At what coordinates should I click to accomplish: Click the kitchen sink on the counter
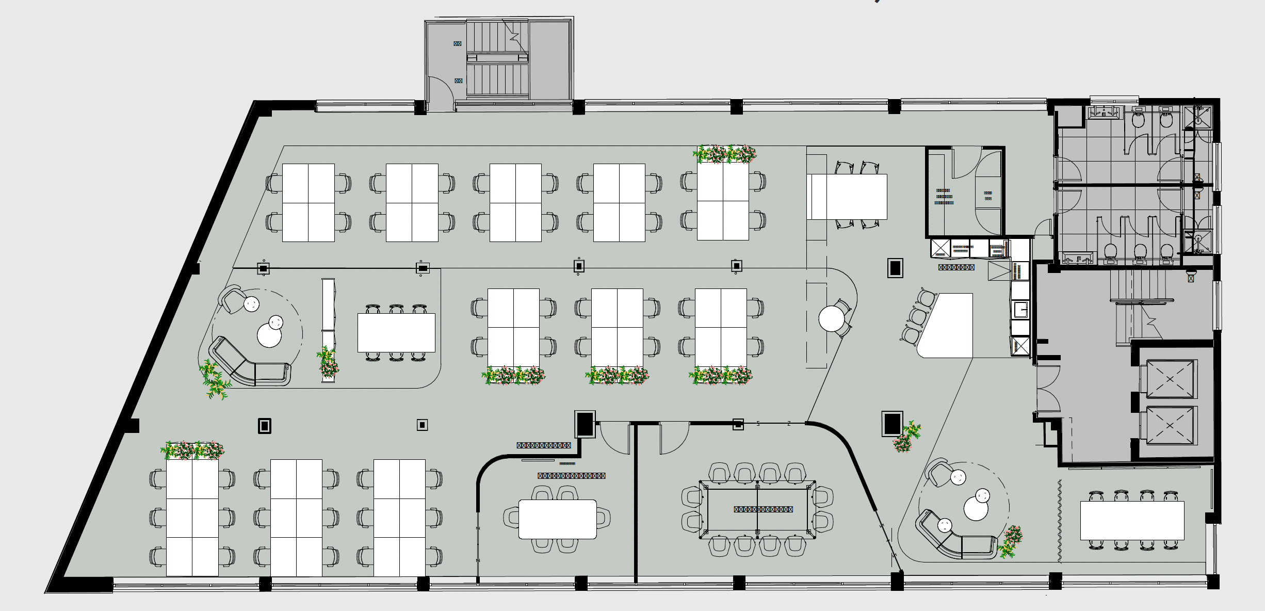pyautogui.click(x=1020, y=310)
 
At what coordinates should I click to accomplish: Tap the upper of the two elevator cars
pyautogui.click(x=1170, y=379)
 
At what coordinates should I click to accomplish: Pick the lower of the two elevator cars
pyautogui.click(x=1170, y=425)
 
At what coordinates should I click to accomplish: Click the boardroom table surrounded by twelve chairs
pyautogui.click(x=757, y=509)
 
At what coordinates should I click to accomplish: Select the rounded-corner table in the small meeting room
pyautogui.click(x=557, y=519)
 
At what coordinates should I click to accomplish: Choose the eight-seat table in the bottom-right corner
pyautogui.click(x=1132, y=520)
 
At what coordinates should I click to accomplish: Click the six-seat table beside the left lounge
pyautogui.click(x=396, y=332)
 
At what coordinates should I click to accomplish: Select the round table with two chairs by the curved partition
pyautogui.click(x=831, y=318)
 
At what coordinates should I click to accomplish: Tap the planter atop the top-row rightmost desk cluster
pyautogui.click(x=724, y=154)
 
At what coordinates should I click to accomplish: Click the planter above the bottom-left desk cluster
pyautogui.click(x=192, y=451)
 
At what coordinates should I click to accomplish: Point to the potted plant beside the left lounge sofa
pyautogui.click(x=215, y=380)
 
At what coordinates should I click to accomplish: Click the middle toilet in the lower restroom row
pyautogui.click(x=1140, y=251)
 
